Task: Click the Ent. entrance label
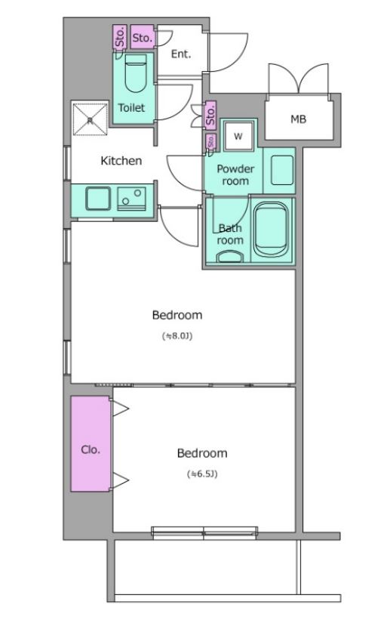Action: [x=181, y=54]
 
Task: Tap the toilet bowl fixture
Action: [x=136, y=73]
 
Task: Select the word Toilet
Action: [x=131, y=107]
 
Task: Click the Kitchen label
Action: [x=121, y=161]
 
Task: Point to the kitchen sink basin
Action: [x=98, y=199]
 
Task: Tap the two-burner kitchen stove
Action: [x=131, y=199]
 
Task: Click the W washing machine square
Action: [x=238, y=136]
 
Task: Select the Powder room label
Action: [x=235, y=175]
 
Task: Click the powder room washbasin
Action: [x=282, y=170]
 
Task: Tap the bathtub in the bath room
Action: [x=271, y=230]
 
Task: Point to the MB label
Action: [x=299, y=119]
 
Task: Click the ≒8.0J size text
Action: [x=178, y=336]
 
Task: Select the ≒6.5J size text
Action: [x=202, y=474]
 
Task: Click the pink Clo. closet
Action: [x=91, y=444]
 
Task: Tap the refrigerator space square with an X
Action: [x=90, y=119]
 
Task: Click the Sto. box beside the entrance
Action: [x=143, y=37]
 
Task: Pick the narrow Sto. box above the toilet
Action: [x=120, y=37]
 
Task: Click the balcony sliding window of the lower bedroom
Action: [x=204, y=532]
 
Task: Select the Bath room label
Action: [x=230, y=234]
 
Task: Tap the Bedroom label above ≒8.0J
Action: [x=177, y=315]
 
